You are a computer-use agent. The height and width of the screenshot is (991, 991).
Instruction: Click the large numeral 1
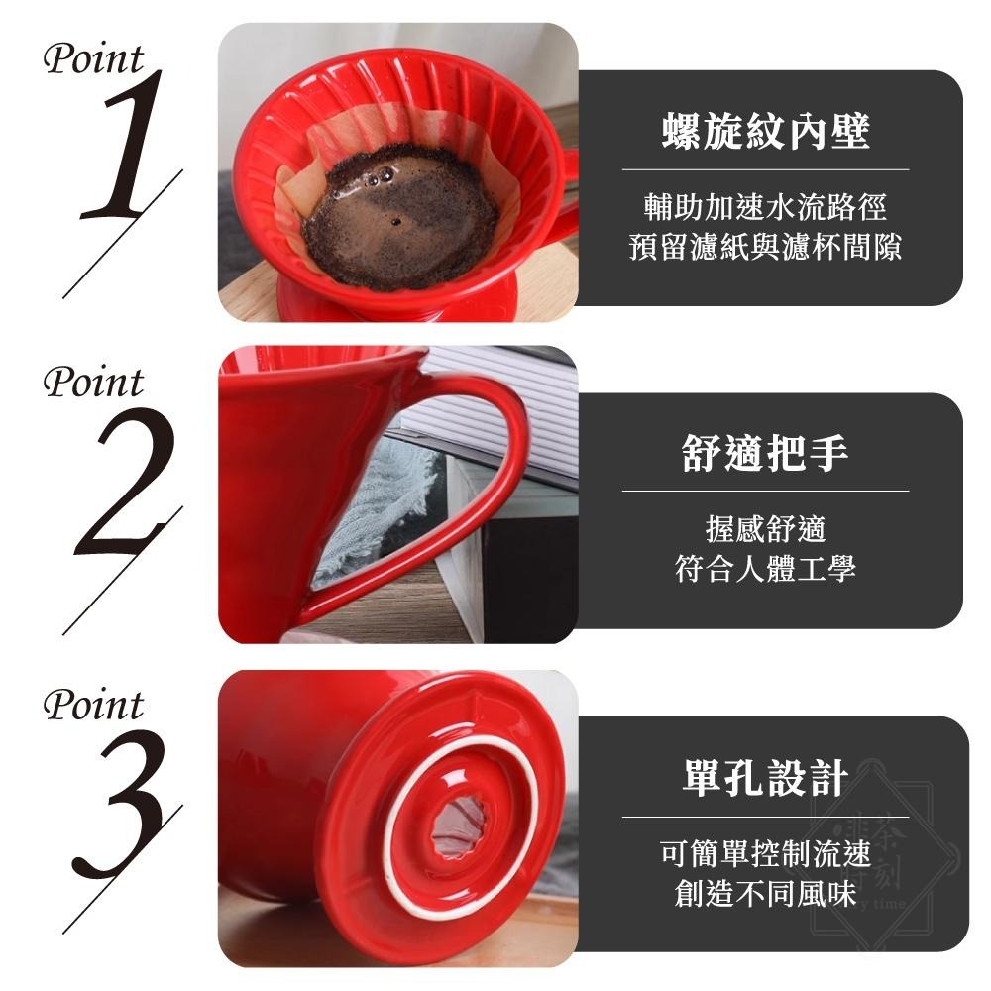pyautogui.click(x=129, y=149)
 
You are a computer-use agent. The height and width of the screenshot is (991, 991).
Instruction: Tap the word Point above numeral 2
pyautogui.click(x=93, y=382)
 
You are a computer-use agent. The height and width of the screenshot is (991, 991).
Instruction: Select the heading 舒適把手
pyautogui.click(x=765, y=454)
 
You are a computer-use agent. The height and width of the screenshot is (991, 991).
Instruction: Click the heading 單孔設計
pyautogui.click(x=765, y=778)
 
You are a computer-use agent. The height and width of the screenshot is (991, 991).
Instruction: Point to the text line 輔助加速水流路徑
pyautogui.click(x=765, y=208)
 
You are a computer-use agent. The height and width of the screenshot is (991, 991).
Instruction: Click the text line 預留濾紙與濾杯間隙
pyautogui.click(x=765, y=247)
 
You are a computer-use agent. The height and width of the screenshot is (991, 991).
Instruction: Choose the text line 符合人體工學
pyautogui.click(x=765, y=569)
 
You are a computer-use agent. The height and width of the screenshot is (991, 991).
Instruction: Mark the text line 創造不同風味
pyautogui.click(x=765, y=893)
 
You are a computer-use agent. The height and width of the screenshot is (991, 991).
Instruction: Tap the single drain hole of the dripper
pyautogui.click(x=462, y=826)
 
